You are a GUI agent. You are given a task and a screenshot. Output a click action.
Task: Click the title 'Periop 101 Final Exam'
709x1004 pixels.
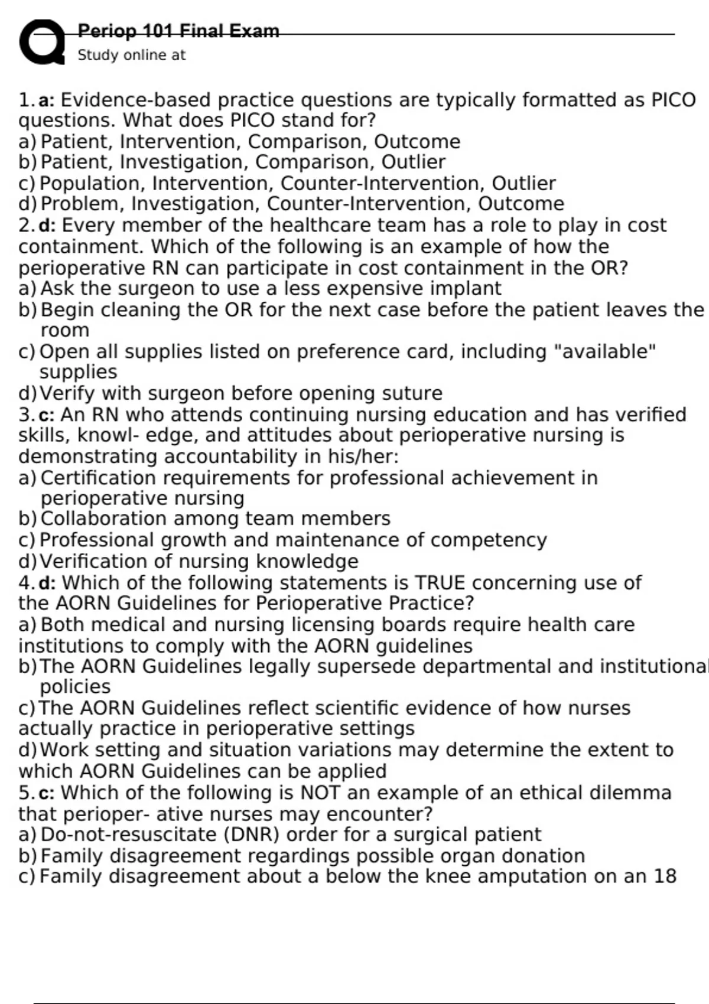(178, 31)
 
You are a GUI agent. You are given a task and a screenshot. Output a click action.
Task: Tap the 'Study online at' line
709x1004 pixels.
(131, 55)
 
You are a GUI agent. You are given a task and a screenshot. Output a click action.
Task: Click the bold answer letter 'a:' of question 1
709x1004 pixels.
(47, 100)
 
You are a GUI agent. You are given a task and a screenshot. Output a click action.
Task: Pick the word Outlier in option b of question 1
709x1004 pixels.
(413, 162)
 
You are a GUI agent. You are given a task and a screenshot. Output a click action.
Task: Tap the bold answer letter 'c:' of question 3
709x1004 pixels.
(46, 415)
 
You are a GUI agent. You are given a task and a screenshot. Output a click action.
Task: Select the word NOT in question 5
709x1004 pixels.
(321, 793)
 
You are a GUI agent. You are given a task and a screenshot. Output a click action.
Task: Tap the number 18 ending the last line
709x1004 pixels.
(665, 876)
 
